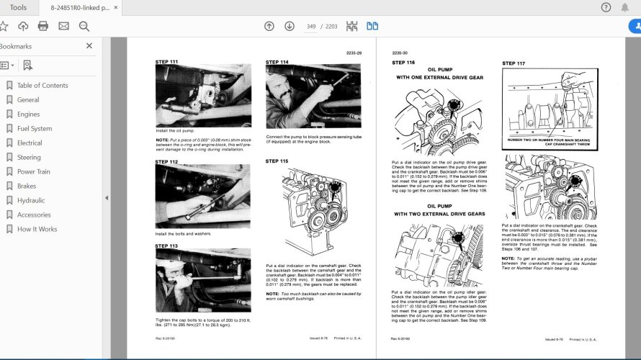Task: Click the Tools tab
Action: click(x=19, y=7)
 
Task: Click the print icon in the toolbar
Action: click(x=43, y=26)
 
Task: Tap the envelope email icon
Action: click(x=63, y=26)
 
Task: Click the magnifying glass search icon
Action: click(x=84, y=26)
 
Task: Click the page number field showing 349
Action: click(x=312, y=26)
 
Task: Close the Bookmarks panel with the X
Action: click(x=89, y=45)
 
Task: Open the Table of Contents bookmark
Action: click(x=42, y=85)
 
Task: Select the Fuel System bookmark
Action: click(x=35, y=128)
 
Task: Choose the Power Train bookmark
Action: click(x=34, y=171)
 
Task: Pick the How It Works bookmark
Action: click(x=37, y=229)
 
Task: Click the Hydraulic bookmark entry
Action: click(x=31, y=200)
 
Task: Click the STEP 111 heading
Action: click(x=166, y=62)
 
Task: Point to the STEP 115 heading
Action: click(x=277, y=161)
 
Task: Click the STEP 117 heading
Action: click(x=514, y=63)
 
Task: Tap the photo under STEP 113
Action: click(x=203, y=281)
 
